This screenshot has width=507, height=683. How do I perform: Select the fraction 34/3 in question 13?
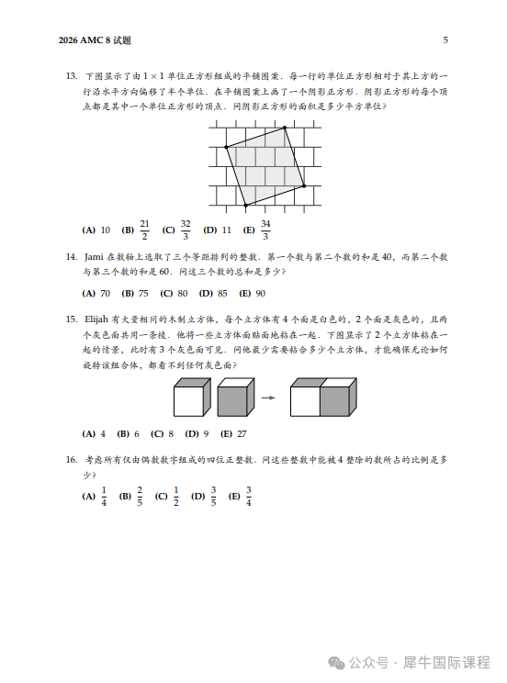265,230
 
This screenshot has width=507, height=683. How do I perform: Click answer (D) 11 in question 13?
218,230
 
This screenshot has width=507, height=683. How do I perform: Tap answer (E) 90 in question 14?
252,294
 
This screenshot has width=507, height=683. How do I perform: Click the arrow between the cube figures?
269,397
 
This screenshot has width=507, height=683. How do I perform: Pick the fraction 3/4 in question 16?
249,497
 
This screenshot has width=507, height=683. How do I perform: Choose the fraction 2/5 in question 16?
140,497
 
